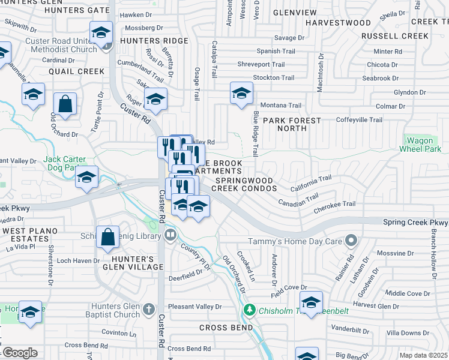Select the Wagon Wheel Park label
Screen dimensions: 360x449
pyautogui.click(x=420, y=145)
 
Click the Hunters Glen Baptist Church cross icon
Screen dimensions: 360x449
pyautogui.click(x=149, y=310)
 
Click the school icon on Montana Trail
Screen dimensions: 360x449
pyautogui.click(x=241, y=93)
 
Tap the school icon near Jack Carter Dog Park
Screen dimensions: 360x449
pyautogui.click(x=87, y=178)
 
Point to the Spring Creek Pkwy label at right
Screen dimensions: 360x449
pyautogui.click(x=415, y=222)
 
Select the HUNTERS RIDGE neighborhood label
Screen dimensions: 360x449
pyautogui.click(x=154, y=41)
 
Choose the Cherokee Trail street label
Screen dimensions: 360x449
pyautogui.click(x=334, y=204)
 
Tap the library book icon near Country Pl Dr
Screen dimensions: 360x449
pyautogui.click(x=170, y=234)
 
